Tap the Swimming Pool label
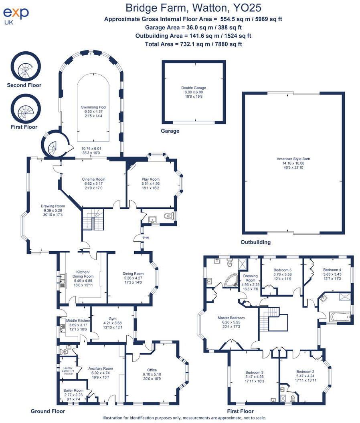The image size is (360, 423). (x=93, y=107)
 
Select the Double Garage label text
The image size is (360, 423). (x=193, y=88)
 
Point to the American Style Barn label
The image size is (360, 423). (x=293, y=159)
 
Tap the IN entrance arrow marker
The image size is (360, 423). (x=146, y=238)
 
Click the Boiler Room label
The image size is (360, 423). (x=73, y=390)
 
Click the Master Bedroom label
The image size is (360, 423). (x=231, y=318)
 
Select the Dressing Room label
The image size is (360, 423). (x=251, y=278)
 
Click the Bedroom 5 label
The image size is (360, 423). (x=282, y=270)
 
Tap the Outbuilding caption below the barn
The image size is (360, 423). (x=255, y=242)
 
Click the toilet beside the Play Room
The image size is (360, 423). (x=170, y=217)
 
